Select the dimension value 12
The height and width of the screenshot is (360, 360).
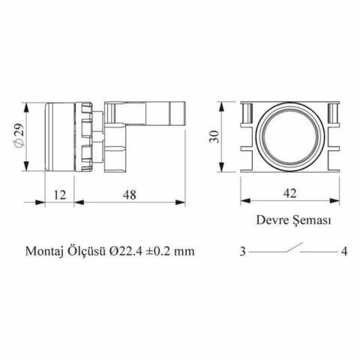pyautogui.click(x=60, y=194)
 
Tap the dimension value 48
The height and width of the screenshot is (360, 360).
pyautogui.click(x=130, y=194)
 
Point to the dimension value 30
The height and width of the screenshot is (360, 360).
pyautogui.click(x=214, y=136)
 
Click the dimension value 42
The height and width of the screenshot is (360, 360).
pyautogui.click(x=290, y=193)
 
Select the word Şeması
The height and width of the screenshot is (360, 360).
pyautogui.click(x=312, y=220)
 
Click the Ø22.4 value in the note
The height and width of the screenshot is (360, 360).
pyautogui.click(x=126, y=250)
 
